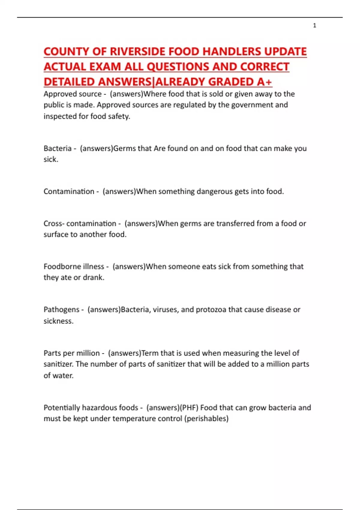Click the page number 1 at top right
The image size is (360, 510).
tap(314, 25)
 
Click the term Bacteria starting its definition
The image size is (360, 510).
tap(58, 148)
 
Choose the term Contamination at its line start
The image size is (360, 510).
tap(69, 191)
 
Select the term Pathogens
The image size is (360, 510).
tap(61, 310)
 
